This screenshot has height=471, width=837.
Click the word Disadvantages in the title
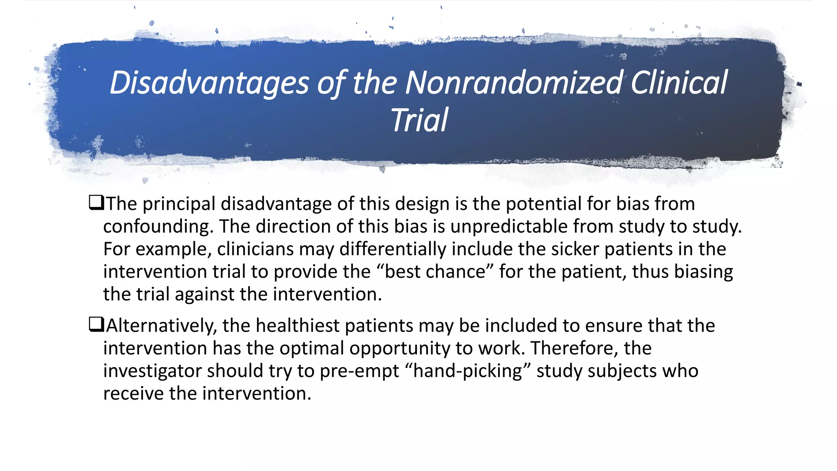pyautogui.click(x=209, y=83)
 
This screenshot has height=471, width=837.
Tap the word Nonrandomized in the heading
pyautogui.click(x=514, y=83)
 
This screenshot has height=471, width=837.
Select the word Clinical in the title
pyautogui.click(x=679, y=83)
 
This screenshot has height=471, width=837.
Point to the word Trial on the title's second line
pyautogui.click(x=419, y=121)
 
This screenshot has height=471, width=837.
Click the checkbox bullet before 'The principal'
pyautogui.click(x=96, y=203)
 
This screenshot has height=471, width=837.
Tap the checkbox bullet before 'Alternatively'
pyautogui.click(x=96, y=325)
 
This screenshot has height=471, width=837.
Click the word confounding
pyautogui.click(x=157, y=227)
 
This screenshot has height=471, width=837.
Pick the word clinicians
pyautogui.click(x=255, y=249)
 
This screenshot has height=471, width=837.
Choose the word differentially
pyautogui.click(x=392, y=249)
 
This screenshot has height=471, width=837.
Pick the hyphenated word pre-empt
pyautogui.click(x=359, y=371)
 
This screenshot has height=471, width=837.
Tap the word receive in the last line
pyautogui.click(x=133, y=393)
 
